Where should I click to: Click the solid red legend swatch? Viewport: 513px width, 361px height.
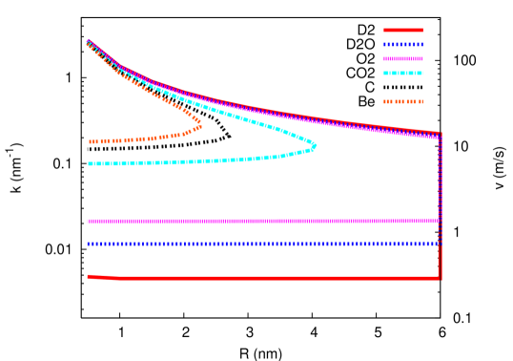403,30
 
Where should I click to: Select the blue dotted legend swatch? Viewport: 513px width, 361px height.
403,44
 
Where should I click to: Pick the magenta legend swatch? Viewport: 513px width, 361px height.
403,58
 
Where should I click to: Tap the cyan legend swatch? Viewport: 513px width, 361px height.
403,73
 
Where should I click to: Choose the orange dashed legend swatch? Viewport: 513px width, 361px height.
403,101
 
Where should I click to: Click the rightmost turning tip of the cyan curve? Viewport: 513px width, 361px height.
314,146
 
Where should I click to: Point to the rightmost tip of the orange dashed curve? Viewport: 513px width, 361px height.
199,122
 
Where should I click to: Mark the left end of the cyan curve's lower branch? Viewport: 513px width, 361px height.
90,163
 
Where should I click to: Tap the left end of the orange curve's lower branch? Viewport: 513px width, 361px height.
91,141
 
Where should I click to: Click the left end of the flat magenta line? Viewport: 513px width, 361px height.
88,221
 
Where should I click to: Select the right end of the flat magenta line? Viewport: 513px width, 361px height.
438,221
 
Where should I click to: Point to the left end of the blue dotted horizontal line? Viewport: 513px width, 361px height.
88,244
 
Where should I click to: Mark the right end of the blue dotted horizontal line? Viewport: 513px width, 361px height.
438,244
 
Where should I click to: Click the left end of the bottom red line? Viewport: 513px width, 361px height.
89,276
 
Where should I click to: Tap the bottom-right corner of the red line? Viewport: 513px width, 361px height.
440,278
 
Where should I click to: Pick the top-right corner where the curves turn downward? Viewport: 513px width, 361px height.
440,135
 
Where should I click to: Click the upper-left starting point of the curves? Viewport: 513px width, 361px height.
88,41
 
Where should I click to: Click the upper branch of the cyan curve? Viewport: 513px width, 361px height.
238,114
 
